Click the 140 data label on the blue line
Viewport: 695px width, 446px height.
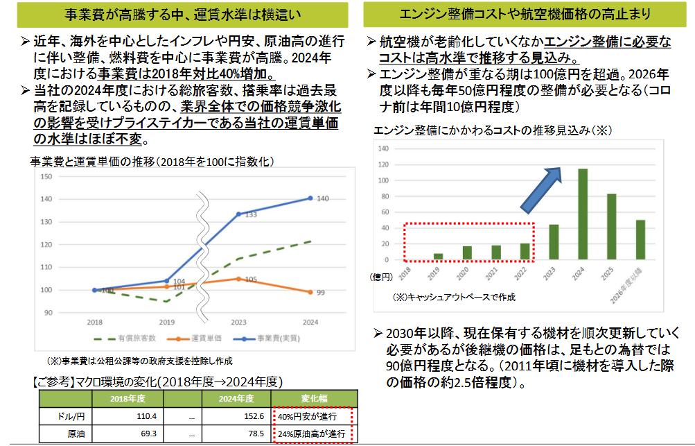tap(323, 199)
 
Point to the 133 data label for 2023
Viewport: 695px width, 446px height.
tap(252, 215)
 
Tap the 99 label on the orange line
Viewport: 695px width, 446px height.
tap(322, 293)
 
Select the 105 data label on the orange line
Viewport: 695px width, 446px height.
tap(251, 280)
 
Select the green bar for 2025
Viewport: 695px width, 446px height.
tap(612, 227)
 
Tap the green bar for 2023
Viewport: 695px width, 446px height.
tap(554, 242)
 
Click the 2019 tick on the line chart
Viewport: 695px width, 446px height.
tap(166, 323)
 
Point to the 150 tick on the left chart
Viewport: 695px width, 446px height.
tap(46, 176)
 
